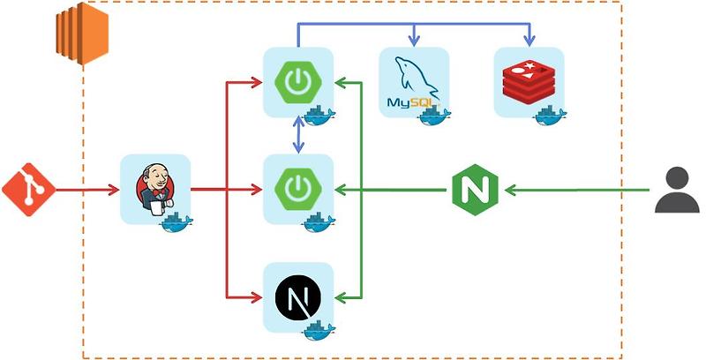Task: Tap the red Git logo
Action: [27, 189]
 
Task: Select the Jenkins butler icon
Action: [154, 188]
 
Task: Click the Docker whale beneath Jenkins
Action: [176, 221]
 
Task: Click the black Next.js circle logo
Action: [297, 297]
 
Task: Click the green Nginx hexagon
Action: [475, 189]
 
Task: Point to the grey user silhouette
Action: [677, 189]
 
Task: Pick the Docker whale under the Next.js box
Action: [319, 330]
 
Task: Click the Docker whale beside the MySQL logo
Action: [435, 114]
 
